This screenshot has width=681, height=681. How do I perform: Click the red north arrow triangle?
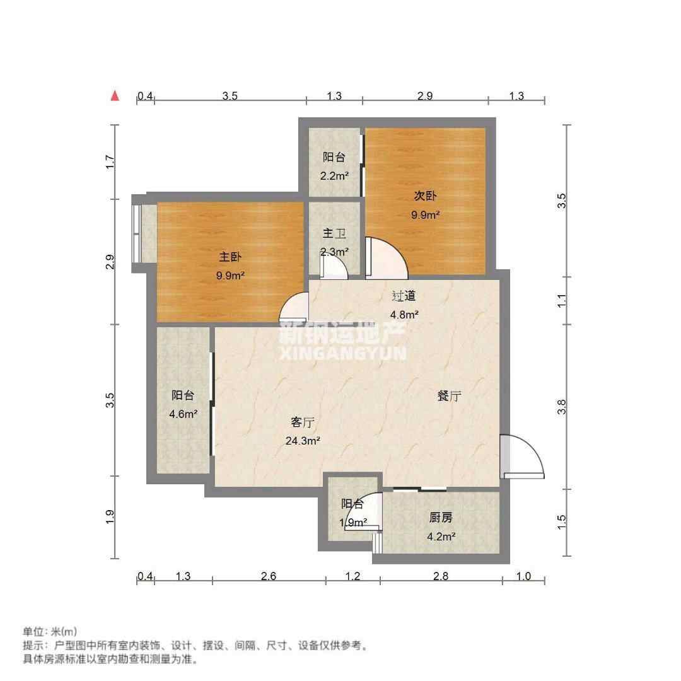tap(115, 96)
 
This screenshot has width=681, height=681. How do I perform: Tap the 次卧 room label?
tap(425, 196)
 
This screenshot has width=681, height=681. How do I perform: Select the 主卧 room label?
tap(230, 257)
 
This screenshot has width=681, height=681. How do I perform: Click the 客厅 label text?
tap(302, 422)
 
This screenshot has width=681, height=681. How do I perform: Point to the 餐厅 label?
tap(449, 395)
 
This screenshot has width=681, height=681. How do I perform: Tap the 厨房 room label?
tap(441, 517)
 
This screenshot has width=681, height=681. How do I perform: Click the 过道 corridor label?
tap(404, 296)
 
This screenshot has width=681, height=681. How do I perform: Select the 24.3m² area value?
tap(303, 441)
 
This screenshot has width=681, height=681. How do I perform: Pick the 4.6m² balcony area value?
tap(183, 414)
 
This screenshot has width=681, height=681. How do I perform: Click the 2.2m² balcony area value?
tap(334, 176)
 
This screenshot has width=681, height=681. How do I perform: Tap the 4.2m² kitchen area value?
tap(441, 537)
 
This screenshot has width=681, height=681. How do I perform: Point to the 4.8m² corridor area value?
tap(404, 315)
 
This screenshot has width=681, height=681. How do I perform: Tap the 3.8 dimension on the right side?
tap(562, 407)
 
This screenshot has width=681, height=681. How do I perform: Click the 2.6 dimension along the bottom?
tap(269, 576)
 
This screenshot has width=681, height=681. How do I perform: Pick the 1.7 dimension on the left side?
tap(110, 162)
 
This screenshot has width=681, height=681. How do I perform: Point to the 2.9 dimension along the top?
tap(425, 96)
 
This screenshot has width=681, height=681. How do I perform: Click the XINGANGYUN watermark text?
tap(343, 352)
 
